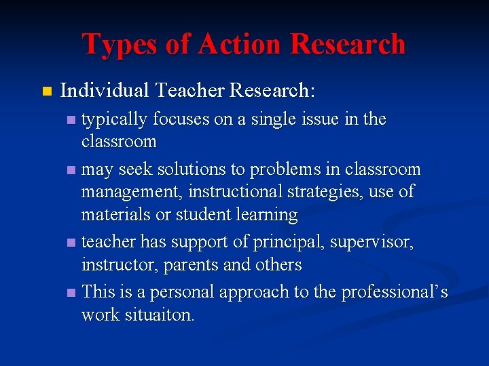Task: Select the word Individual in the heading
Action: pyautogui.click(x=105, y=90)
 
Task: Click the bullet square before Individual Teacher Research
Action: pyautogui.click(x=46, y=91)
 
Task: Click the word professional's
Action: pyautogui.click(x=395, y=292)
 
